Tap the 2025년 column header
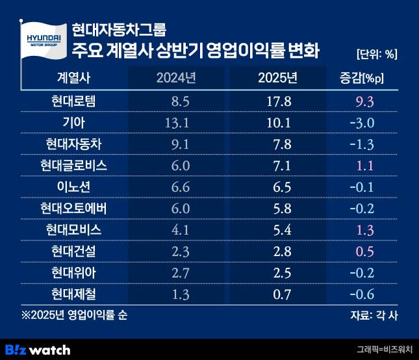click(277, 78)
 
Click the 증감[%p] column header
click(362, 78)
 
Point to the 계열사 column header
click(74, 78)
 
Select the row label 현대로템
click(74, 101)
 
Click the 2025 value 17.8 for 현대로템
click(277, 101)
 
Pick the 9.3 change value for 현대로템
click(362, 101)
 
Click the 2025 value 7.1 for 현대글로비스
click(277, 166)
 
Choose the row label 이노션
click(74, 187)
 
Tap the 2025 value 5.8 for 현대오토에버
click(277, 209)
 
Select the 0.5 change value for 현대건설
click(362, 251)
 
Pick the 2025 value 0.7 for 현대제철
click(277, 294)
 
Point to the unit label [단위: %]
click(377, 53)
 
